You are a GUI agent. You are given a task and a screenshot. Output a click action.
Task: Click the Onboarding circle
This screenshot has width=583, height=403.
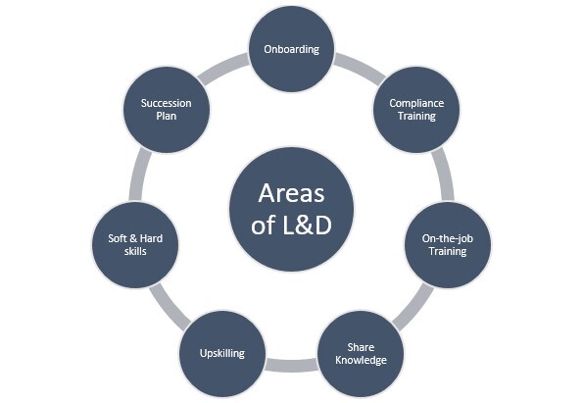click(x=292, y=49)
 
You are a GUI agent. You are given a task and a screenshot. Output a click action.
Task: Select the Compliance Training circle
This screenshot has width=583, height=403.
click(x=416, y=110)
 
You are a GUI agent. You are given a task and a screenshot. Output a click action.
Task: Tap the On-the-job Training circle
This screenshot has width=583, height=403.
click(x=448, y=245)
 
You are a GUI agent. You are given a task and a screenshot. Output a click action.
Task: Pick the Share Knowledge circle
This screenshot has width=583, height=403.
click(x=361, y=354)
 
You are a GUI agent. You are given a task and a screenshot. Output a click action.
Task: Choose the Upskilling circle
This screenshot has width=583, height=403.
click(x=222, y=354)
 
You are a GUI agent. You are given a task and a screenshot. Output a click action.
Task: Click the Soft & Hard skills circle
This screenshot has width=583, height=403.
click(x=135, y=245)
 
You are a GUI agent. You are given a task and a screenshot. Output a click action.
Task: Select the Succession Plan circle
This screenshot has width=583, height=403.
click(x=167, y=110)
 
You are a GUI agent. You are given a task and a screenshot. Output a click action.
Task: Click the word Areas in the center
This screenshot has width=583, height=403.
click(x=291, y=193)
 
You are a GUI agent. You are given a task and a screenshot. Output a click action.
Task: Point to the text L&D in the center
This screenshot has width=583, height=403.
click(x=307, y=225)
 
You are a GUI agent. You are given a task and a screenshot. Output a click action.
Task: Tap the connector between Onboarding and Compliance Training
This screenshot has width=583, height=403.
click(x=361, y=68)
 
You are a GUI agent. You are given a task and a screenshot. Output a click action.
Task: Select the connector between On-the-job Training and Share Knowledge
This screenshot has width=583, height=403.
click(x=413, y=307)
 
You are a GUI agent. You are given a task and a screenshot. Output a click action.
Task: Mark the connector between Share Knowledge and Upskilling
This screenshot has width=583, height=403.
click(x=292, y=366)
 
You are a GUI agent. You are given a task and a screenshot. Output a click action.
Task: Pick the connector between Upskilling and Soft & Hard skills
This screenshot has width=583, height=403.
click(x=170, y=307)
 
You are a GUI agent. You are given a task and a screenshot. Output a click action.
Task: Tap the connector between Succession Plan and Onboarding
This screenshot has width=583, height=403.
click(x=223, y=68)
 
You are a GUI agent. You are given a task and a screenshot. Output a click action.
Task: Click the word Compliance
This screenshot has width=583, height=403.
click(x=416, y=104)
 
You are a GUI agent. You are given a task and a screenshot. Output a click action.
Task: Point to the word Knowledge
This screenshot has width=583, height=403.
click(x=361, y=360)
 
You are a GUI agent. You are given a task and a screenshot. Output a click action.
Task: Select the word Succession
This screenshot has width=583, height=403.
click(x=167, y=103)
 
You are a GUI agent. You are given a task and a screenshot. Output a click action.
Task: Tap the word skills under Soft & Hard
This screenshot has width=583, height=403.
click(x=135, y=251)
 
